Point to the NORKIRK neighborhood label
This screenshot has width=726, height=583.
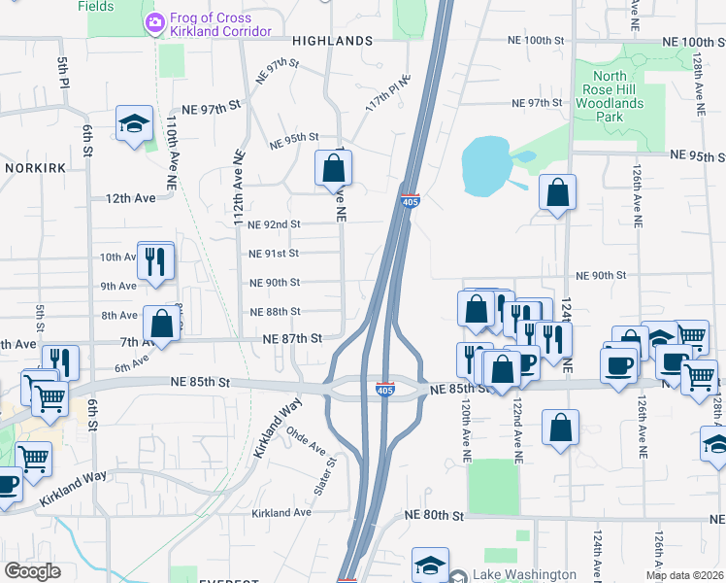pyautogui.click(x=33, y=167)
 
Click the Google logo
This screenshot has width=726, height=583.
pyautogui.click(x=32, y=571)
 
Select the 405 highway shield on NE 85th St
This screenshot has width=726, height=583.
pyautogui.click(x=384, y=390)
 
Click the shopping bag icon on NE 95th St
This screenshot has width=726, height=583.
pyautogui.click(x=333, y=169)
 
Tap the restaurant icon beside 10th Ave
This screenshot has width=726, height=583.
pyautogui.click(x=155, y=260)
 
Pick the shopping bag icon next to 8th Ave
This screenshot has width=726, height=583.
pyautogui.click(x=162, y=324)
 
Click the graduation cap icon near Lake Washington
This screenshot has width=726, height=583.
pyautogui.click(x=430, y=566)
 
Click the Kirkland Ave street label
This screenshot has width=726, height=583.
pyautogui.click(x=280, y=512)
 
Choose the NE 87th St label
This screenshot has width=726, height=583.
pyautogui.click(x=292, y=338)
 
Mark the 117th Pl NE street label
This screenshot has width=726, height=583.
pyautogui.click(x=388, y=91)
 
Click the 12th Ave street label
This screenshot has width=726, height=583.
pyautogui.click(x=131, y=197)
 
